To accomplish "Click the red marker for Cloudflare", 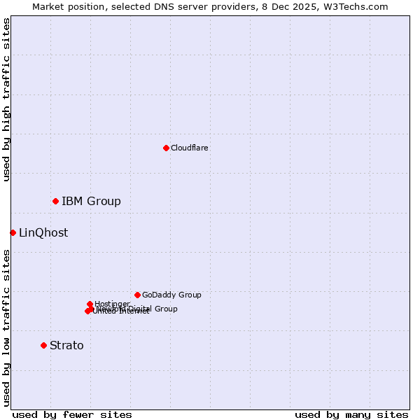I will pyautogui.click(x=166, y=148).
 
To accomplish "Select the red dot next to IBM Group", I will pyautogui.click(x=55, y=201).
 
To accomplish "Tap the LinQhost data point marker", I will pyautogui.click(x=13, y=232).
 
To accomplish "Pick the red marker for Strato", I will pyautogui.click(x=43, y=345).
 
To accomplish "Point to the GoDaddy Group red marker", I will pyautogui.click(x=137, y=295).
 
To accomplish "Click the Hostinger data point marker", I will pyautogui.click(x=90, y=304).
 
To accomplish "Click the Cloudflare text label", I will pyautogui.click(x=189, y=148).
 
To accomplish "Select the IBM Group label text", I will pyautogui.click(x=91, y=202).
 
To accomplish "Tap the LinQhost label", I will pyautogui.click(x=43, y=233).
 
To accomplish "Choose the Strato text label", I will pyautogui.click(x=66, y=346).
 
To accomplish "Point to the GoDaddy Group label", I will pyautogui.click(x=171, y=295).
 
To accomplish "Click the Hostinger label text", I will pyautogui.click(x=112, y=304).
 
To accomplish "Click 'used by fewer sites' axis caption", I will pyautogui.click(x=72, y=414).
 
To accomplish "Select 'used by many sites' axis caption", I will pyautogui.click(x=351, y=414).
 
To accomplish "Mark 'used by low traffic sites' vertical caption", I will pyautogui.click(x=6, y=328).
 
